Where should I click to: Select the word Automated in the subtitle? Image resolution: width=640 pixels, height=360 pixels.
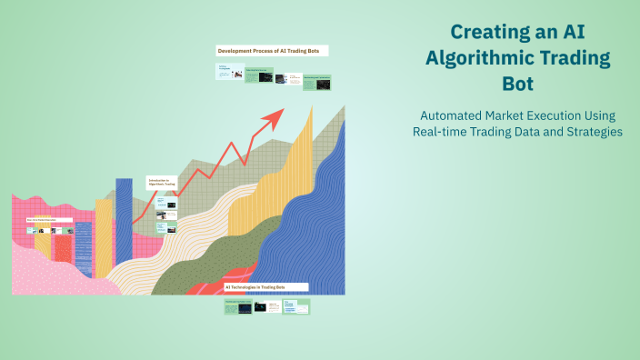click(x=451, y=115)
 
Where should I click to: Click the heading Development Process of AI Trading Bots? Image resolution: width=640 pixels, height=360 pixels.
click(x=272, y=51)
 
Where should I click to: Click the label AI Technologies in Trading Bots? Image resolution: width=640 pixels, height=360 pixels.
click(x=265, y=286)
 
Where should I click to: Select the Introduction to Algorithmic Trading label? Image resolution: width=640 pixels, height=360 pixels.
click(x=162, y=183)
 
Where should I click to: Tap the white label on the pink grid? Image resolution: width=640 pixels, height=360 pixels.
click(x=48, y=219)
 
